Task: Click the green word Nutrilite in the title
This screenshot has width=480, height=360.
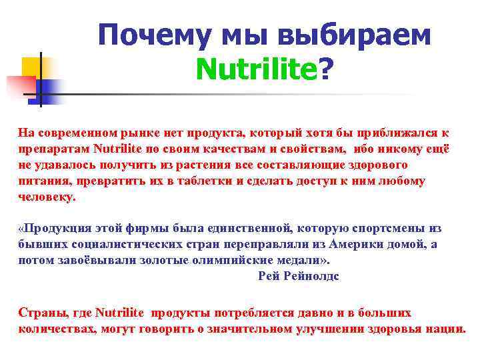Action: pos(257,67)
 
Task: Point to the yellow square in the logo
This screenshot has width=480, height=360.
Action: pos(31,66)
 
